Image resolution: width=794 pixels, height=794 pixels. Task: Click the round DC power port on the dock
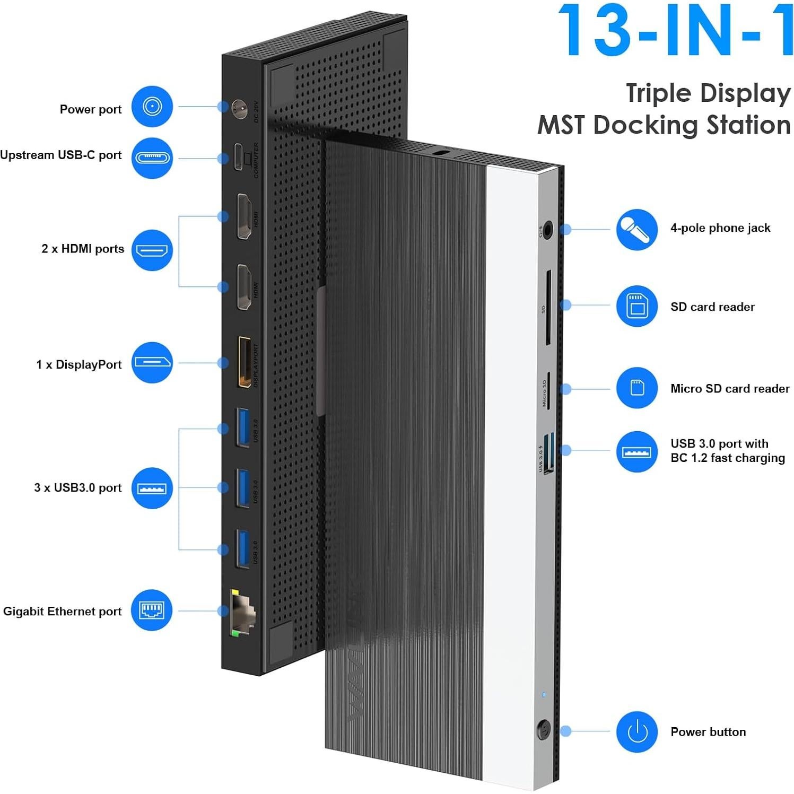pyautogui.click(x=239, y=109)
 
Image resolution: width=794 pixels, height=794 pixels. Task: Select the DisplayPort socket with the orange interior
pyautogui.click(x=244, y=362)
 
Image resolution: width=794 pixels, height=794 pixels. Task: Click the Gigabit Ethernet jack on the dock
pyautogui.click(x=242, y=612)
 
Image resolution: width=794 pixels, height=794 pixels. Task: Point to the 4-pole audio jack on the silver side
pyautogui.click(x=547, y=230)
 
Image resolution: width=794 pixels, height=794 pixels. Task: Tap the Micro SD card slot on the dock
pyautogui.click(x=548, y=390)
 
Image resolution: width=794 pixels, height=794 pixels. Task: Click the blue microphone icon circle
pyautogui.click(x=636, y=229)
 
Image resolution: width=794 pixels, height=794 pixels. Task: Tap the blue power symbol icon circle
pyautogui.click(x=636, y=731)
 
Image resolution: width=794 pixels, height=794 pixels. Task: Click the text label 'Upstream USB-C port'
pyautogui.click(x=61, y=155)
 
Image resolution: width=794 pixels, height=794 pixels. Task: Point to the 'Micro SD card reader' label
pyautogui.click(x=729, y=388)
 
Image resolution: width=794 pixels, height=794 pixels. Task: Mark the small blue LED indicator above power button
pyautogui.click(x=544, y=694)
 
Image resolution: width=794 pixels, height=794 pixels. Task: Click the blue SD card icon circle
pyautogui.click(x=636, y=307)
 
